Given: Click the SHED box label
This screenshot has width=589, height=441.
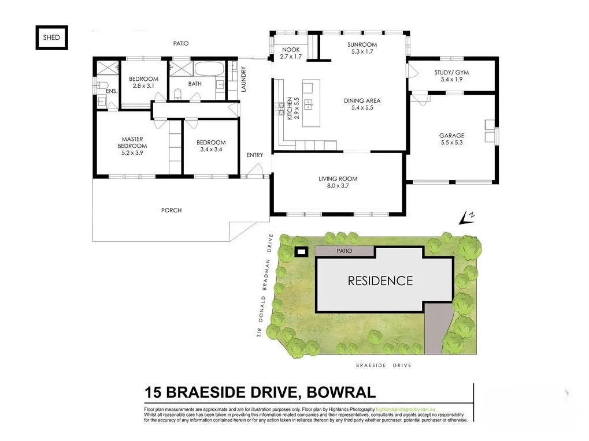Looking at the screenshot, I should pyautogui.click(x=51, y=38).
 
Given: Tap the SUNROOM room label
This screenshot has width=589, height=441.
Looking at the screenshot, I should pyautogui.click(x=362, y=44).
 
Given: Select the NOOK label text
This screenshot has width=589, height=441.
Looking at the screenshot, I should pyautogui.click(x=290, y=50).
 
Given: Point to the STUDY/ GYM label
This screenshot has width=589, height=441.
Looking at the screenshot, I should pyautogui.click(x=452, y=72).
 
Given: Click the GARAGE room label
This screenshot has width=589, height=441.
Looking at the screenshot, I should pyautogui.click(x=451, y=136).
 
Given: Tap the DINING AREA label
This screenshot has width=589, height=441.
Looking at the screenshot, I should pyautogui.click(x=362, y=100).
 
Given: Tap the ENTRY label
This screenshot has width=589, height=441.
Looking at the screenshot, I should pyautogui.click(x=254, y=155).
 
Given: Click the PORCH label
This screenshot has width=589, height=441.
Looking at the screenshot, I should pyautogui.click(x=171, y=210).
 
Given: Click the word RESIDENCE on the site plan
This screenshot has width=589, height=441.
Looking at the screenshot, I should pyautogui.click(x=380, y=281).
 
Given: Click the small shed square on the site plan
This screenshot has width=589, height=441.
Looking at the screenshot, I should pyautogui.click(x=301, y=252).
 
